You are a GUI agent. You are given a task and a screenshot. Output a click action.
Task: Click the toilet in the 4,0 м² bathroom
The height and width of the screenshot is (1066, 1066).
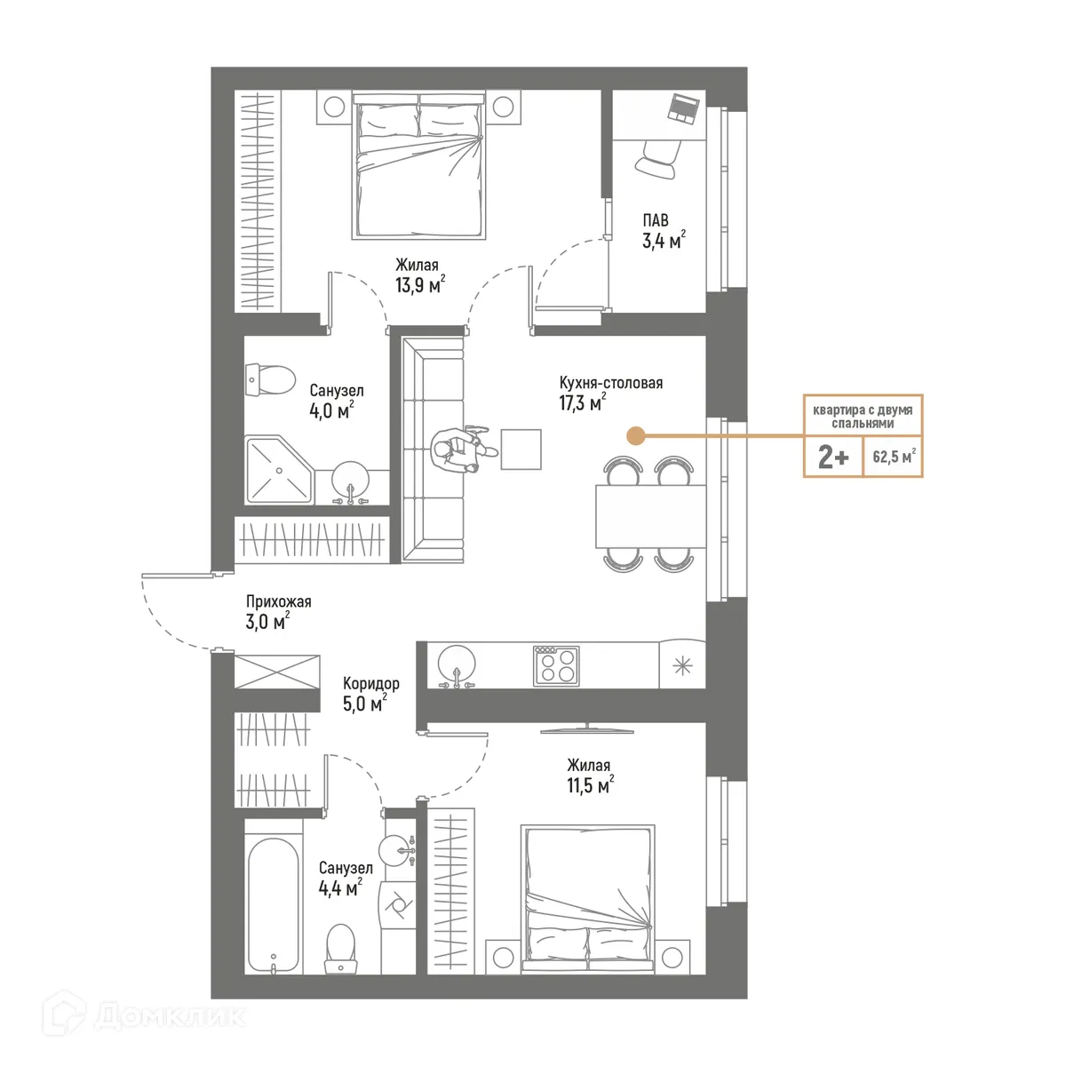pyautogui.click(x=270, y=379)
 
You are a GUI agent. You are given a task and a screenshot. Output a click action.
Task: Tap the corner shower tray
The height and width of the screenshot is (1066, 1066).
pyautogui.click(x=278, y=469)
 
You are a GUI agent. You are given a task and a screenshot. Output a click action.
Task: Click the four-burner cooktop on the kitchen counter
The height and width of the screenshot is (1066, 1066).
pyautogui.click(x=556, y=664)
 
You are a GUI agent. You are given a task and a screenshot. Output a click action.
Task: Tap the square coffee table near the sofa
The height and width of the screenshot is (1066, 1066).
pyautogui.click(x=521, y=449)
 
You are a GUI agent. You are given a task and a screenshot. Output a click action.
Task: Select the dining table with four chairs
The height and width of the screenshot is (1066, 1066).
pyautogui.click(x=650, y=516)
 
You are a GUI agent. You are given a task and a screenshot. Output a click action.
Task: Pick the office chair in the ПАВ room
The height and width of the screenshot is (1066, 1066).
pyautogui.click(x=657, y=161)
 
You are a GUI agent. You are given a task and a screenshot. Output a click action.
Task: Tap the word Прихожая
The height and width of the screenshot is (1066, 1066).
pyautogui.click(x=278, y=602)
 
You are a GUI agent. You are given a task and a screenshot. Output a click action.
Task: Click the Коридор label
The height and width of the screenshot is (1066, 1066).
pyautogui.click(x=371, y=684)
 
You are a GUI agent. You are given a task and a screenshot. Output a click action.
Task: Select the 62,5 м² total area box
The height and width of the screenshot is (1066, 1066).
pyautogui.click(x=893, y=457)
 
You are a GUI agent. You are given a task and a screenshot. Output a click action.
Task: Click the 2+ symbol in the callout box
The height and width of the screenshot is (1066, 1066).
pyautogui.click(x=832, y=457)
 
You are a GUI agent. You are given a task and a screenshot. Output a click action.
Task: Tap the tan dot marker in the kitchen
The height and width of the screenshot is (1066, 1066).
pyautogui.click(x=635, y=435)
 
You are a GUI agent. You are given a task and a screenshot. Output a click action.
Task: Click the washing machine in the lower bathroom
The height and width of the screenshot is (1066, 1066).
pyautogui.click(x=397, y=904)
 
